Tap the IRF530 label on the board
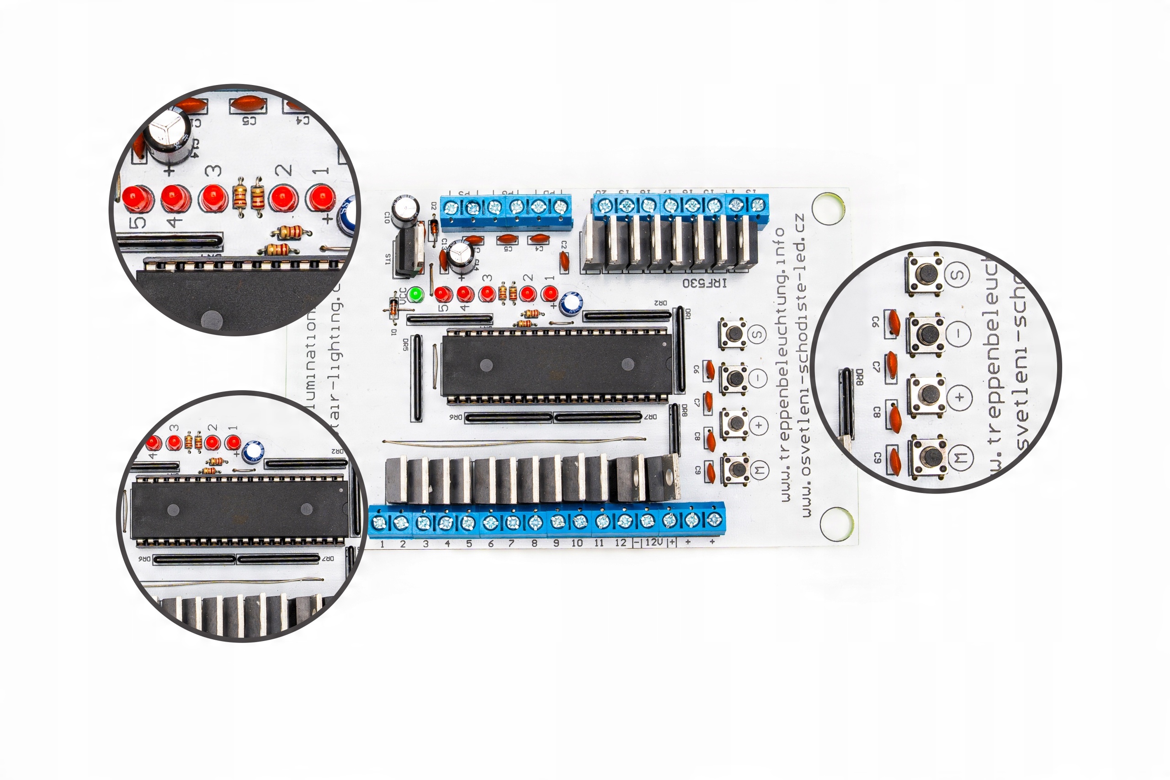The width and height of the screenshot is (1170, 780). click(704, 283)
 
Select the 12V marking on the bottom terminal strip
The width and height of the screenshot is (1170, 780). click(654, 542)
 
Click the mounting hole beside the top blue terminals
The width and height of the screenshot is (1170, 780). click(828, 208)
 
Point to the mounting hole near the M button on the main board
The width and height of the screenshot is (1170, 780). click(837, 524)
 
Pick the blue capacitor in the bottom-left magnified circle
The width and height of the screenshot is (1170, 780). click(254, 451)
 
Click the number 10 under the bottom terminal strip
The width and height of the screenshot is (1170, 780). click(577, 543)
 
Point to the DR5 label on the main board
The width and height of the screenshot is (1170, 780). click(405, 344)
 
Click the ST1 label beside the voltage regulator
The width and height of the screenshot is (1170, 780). click(388, 259)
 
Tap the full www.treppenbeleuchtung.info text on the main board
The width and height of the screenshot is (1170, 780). click(782, 363)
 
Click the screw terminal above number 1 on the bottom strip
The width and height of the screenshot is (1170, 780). click(379, 522)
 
